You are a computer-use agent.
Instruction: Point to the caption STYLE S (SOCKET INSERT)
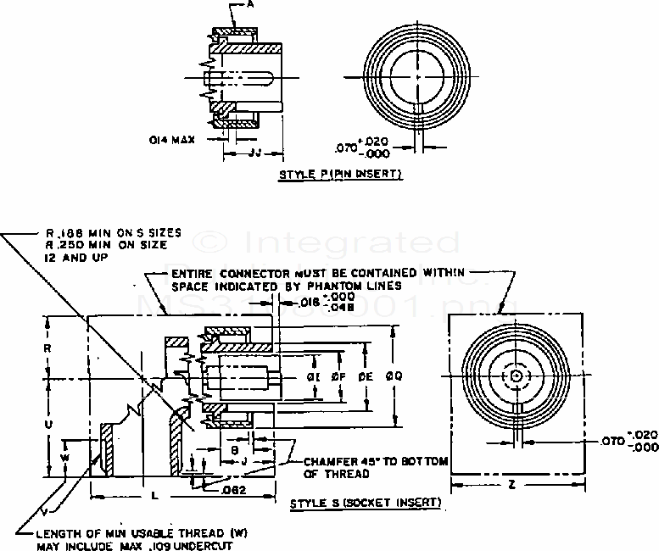[366, 503]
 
